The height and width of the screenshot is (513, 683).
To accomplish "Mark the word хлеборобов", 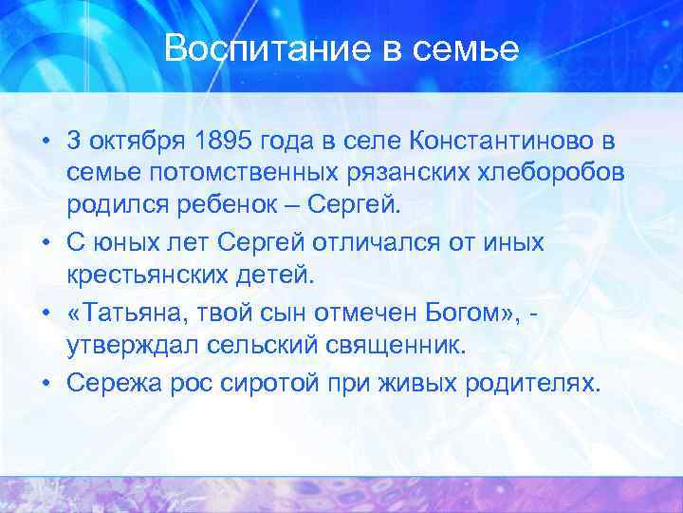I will click(534, 175).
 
